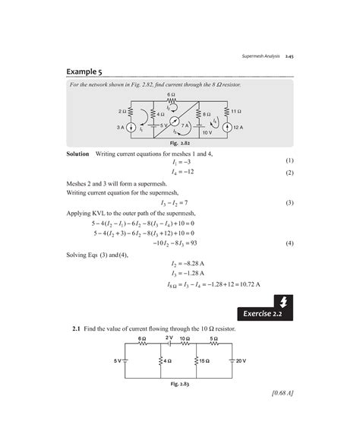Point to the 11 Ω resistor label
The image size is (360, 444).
tap(236, 111)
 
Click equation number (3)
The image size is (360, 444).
tap(289, 203)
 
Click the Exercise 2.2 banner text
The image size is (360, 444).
tap(266, 312)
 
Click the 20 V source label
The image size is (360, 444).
tap(242, 360)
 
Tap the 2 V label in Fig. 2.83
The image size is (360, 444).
tap(169, 337)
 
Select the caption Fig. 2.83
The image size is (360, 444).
tap(180, 385)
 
